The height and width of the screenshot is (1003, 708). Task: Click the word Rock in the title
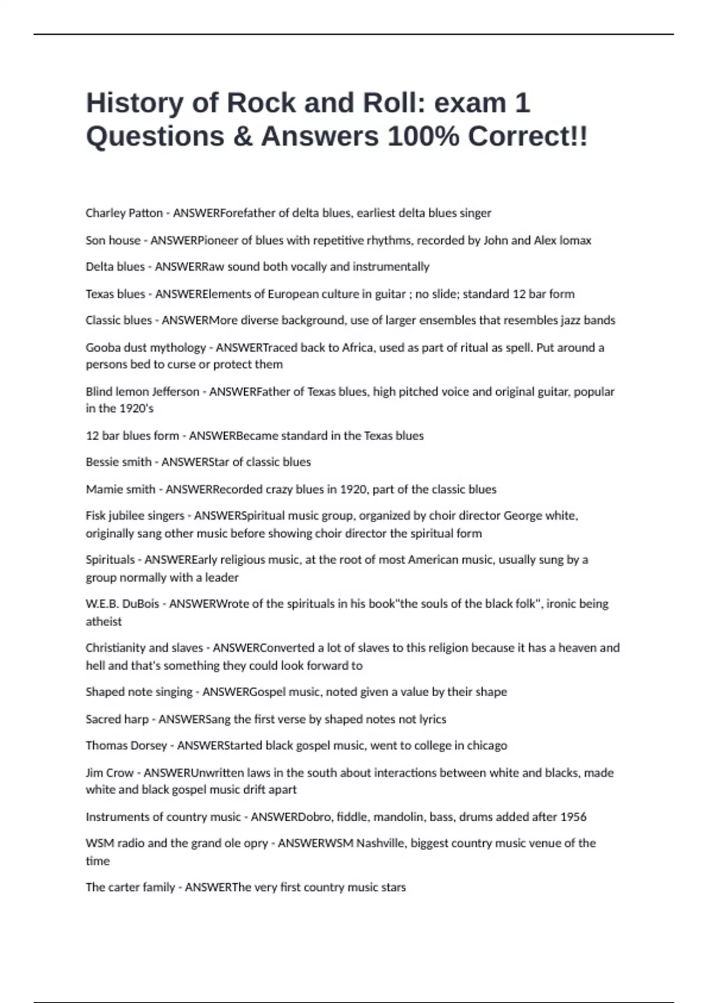pos(261,103)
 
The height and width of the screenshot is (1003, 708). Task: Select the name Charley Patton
pos(124,213)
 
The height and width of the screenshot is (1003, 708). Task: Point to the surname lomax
pos(575,240)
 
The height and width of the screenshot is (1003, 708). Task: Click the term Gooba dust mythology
pos(146,348)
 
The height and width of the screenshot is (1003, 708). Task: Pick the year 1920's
pos(136,408)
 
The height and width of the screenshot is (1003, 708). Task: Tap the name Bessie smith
pos(119,462)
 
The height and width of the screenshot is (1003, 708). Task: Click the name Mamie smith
pos(120,489)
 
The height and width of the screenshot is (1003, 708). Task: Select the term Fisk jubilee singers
pos(135,516)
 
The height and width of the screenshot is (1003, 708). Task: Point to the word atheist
pos(104,621)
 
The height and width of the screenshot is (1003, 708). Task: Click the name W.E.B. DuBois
pos(122,604)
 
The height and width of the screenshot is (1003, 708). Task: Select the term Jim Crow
pos(109,773)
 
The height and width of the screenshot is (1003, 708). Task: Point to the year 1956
pos(573,817)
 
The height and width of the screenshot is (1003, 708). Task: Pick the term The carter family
pos(130,887)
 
